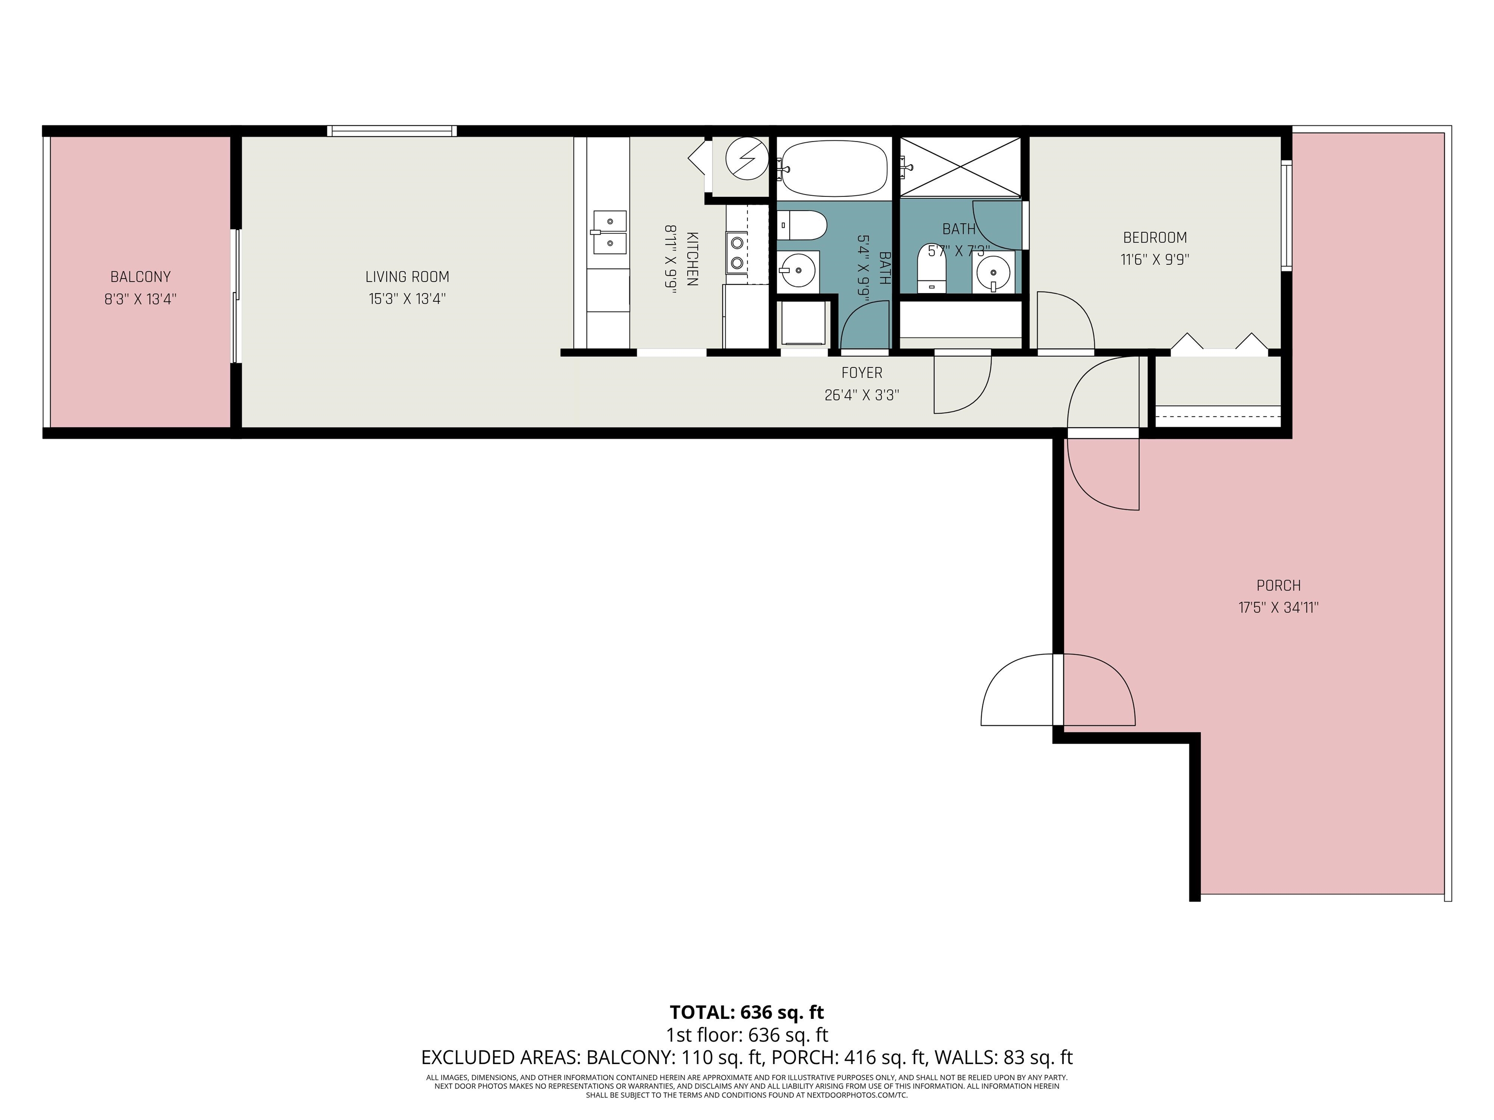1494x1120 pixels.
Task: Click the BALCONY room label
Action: click(141, 277)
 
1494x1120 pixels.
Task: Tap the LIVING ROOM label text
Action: click(407, 277)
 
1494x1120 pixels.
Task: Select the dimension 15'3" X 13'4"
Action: click(407, 298)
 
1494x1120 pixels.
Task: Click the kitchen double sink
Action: click(610, 231)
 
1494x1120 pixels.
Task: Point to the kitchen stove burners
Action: click(737, 252)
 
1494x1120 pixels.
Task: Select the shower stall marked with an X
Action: click(961, 167)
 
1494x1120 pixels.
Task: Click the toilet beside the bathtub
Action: click(801, 225)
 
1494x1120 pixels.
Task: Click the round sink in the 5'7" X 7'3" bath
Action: click(993, 273)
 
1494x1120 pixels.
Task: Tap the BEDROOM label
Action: click(1155, 238)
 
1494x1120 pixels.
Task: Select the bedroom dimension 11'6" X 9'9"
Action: click(1155, 259)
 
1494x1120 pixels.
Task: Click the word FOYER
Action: click(862, 373)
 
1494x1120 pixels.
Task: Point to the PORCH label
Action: click(1279, 585)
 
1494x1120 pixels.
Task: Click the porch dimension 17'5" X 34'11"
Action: click(1279, 607)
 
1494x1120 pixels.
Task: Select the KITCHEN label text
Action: click(693, 259)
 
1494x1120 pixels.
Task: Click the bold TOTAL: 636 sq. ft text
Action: click(747, 1012)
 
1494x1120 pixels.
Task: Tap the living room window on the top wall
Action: click(391, 131)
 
